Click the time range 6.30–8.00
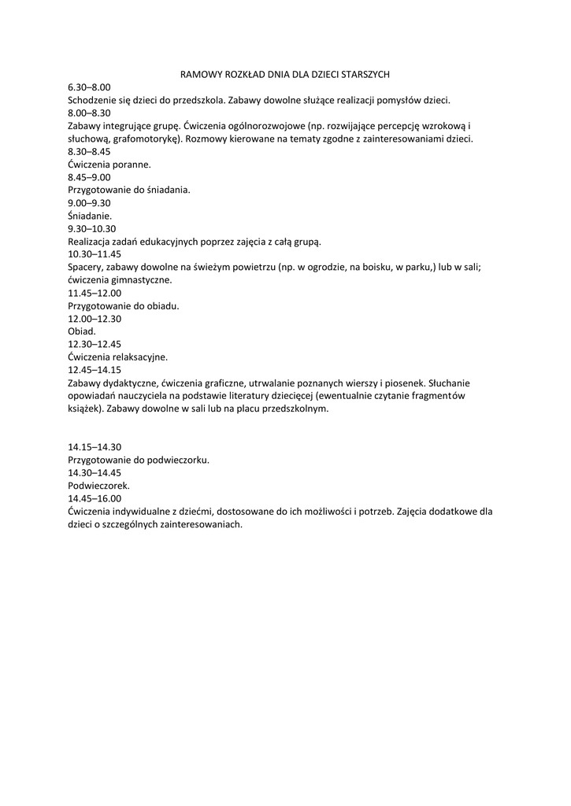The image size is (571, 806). (x=89, y=87)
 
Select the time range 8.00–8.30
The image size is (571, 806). (x=89, y=113)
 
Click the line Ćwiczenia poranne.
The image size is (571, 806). (x=109, y=164)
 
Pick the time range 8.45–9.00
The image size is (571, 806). (x=89, y=177)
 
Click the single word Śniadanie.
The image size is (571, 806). (x=90, y=215)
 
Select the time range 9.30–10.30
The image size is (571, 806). (x=91, y=228)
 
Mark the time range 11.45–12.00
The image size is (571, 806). (x=95, y=293)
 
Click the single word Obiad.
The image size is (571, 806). (x=82, y=331)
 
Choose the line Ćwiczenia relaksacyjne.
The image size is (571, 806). (x=117, y=357)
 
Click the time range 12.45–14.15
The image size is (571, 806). (x=95, y=369)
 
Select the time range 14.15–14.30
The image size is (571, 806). (x=95, y=446)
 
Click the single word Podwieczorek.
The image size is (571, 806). (x=98, y=485)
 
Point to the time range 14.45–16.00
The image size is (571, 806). (x=95, y=498)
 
